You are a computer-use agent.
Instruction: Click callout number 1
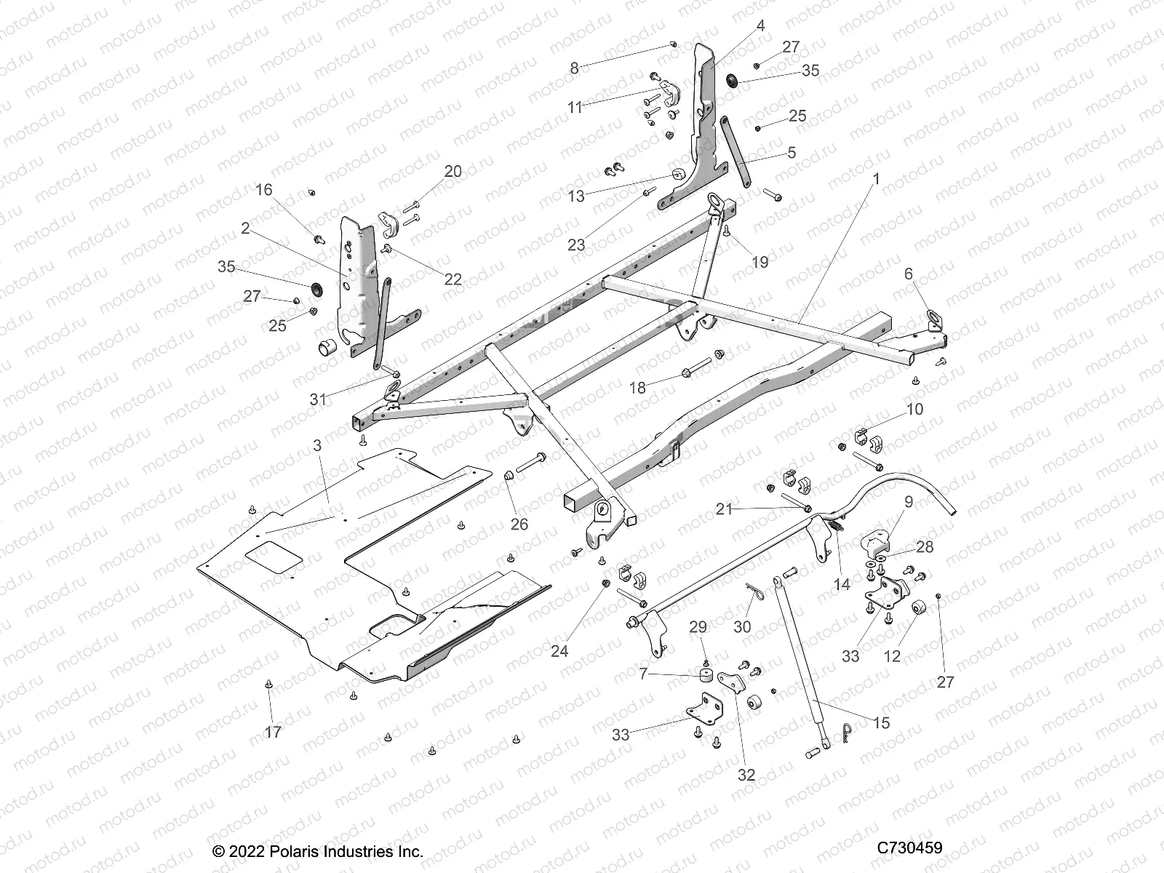(x=877, y=178)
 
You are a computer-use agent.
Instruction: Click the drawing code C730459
(x=909, y=848)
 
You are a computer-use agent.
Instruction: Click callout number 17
(x=273, y=733)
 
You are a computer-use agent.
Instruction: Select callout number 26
(x=519, y=524)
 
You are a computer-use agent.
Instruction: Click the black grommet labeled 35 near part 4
(x=732, y=81)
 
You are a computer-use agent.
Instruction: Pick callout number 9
(x=908, y=502)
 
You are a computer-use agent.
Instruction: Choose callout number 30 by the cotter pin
(x=742, y=627)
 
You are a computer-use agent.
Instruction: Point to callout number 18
(x=637, y=388)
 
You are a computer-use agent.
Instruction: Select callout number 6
(x=908, y=274)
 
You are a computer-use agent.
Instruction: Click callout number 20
(x=453, y=172)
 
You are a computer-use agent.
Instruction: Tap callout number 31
(x=318, y=399)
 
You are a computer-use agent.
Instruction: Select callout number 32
(x=746, y=776)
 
